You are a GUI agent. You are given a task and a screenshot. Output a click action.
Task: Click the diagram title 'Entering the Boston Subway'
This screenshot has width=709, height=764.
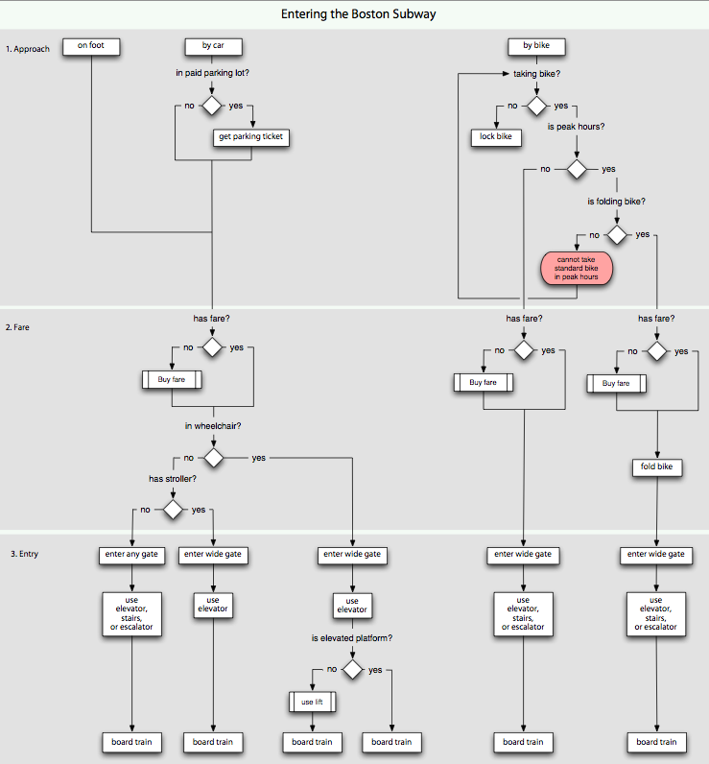point(354,13)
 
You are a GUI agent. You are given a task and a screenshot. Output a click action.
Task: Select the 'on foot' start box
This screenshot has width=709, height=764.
point(91,46)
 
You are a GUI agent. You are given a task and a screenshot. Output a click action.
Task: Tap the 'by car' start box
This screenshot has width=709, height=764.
point(212,46)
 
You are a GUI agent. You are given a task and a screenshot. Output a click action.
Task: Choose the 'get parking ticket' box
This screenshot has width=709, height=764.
point(250,137)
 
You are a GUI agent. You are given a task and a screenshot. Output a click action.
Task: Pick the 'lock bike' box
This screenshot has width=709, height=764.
point(495,137)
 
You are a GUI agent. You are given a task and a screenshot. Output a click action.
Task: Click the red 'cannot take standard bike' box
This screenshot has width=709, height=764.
point(576,268)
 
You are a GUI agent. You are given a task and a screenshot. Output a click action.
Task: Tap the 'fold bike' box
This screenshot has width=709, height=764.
point(656,467)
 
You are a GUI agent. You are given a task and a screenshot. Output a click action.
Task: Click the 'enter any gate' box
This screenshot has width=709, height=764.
point(131,555)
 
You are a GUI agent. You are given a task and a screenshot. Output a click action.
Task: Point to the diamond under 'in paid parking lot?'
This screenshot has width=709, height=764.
point(211,106)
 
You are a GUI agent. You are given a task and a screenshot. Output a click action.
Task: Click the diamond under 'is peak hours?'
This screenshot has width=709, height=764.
point(576,169)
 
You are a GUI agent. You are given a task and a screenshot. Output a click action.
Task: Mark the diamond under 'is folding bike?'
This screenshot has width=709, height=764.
point(616,234)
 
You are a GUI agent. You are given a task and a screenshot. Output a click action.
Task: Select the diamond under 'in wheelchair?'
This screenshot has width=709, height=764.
point(212,459)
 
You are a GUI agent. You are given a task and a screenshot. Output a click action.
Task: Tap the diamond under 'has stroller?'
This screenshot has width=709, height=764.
point(172,510)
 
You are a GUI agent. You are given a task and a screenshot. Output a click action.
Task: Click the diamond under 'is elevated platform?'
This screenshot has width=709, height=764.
point(352,670)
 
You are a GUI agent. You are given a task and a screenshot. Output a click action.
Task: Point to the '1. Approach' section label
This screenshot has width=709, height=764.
point(27,48)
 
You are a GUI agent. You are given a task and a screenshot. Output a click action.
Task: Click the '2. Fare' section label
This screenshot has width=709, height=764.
point(19,327)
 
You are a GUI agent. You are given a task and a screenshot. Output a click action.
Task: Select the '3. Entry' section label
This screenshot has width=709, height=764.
point(21,555)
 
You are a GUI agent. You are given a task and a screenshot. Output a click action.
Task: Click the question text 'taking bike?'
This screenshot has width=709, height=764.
point(535,73)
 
